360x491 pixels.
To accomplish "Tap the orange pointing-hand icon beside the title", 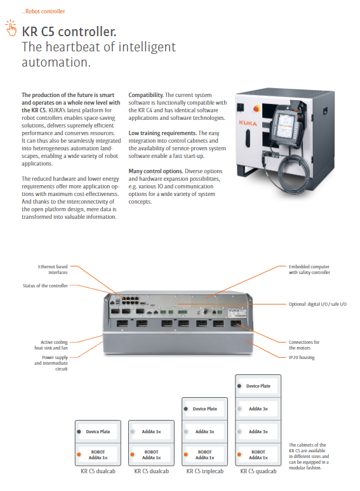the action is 11,28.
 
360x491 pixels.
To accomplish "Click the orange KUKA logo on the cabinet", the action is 248,123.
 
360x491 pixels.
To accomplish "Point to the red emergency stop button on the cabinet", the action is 257,108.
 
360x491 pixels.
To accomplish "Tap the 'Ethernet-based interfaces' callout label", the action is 53,270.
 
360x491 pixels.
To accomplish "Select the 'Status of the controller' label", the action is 45,285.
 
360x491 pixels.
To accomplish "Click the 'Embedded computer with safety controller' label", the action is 309,270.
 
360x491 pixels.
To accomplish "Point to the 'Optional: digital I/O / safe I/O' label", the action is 317,304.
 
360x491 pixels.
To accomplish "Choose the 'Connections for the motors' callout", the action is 304,345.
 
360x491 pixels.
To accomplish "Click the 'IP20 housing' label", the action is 302,357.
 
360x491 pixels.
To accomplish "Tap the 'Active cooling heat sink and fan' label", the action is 51,345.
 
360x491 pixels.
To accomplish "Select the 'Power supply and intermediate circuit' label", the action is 51,363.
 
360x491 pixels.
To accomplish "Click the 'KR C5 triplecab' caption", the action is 205,471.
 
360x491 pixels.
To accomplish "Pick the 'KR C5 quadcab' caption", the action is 258,471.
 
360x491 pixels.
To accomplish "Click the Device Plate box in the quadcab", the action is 258,386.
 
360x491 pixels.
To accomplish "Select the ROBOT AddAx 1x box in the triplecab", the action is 205,455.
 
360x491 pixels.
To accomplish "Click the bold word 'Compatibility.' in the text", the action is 146,95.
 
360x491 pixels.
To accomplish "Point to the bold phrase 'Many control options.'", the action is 156,171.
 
